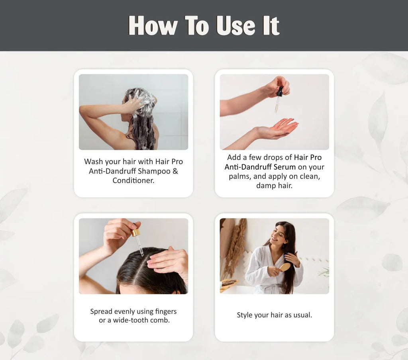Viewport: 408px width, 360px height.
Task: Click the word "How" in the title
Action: (153, 26)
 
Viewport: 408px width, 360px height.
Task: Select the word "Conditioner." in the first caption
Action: (133, 180)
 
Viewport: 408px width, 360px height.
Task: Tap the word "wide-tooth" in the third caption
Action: (131, 320)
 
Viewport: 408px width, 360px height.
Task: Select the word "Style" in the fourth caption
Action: (245, 315)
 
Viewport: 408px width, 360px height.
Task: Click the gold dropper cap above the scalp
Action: (136, 233)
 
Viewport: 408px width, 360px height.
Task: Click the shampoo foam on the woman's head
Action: (143, 98)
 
